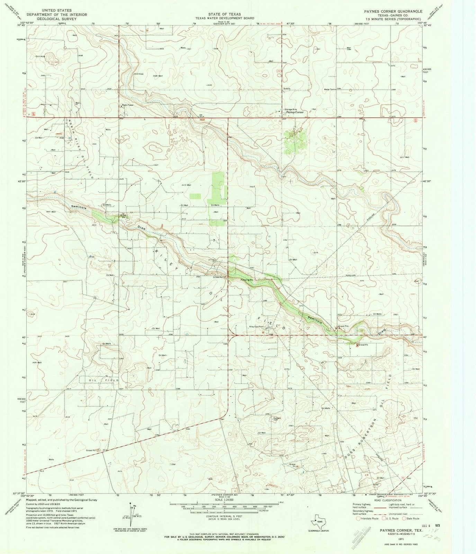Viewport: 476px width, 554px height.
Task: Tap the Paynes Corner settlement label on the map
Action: click(x=295, y=113)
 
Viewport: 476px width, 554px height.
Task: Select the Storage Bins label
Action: click(x=291, y=110)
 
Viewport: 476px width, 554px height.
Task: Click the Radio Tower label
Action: click(x=128, y=105)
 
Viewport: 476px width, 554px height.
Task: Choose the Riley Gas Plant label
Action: click(x=257, y=327)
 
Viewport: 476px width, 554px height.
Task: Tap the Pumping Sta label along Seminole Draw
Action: click(x=248, y=279)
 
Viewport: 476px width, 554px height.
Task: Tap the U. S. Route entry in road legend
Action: click(x=391, y=519)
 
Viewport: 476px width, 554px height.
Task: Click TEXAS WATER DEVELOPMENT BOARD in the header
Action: click(x=224, y=18)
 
